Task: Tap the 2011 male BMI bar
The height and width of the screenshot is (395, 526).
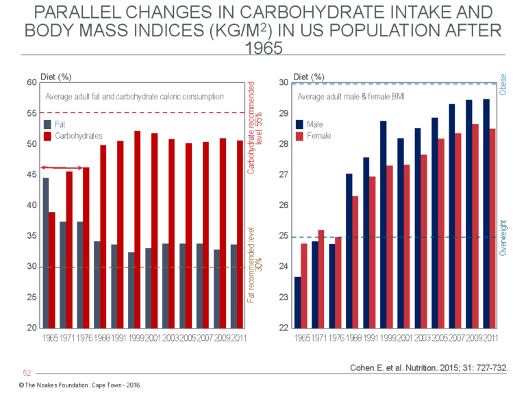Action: [486, 213]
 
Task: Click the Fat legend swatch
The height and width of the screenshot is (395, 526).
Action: [47, 125]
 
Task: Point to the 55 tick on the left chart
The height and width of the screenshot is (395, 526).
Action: [32, 113]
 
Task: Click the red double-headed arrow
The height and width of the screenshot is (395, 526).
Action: [64, 167]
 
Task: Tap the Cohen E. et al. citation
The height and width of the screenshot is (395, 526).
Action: [428, 368]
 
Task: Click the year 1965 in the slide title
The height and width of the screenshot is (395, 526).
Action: [263, 50]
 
